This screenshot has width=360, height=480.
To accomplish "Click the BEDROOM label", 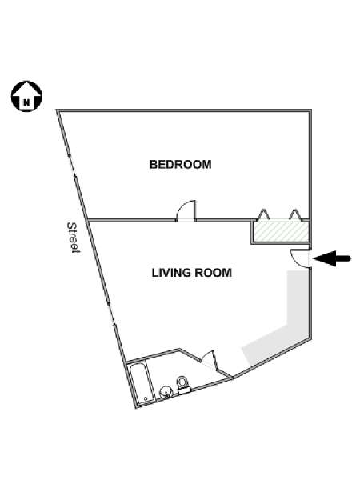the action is [180, 165].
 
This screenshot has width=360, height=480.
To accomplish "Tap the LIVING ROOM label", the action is [192, 273].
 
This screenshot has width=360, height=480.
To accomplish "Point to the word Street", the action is [73, 238].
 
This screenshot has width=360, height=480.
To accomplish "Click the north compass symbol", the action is [26, 96].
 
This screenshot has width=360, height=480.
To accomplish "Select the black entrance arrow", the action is [332, 258].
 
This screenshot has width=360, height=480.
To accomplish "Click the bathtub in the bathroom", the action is [140, 383].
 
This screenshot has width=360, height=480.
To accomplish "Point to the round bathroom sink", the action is [166, 392].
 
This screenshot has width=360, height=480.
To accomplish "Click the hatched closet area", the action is [281, 231].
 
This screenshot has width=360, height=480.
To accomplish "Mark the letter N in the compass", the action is [27, 103].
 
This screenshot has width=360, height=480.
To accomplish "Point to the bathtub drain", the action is [146, 398].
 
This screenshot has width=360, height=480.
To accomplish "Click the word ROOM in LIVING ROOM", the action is [214, 273].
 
